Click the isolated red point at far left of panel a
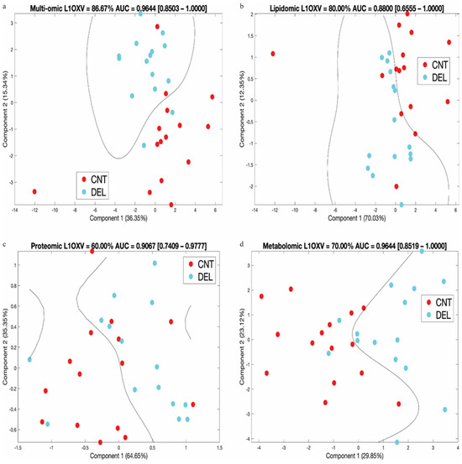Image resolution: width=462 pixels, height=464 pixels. click(34, 191)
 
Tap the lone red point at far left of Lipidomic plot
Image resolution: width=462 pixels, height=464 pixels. click(273, 54)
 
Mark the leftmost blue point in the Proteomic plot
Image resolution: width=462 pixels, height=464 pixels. click(29, 360)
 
